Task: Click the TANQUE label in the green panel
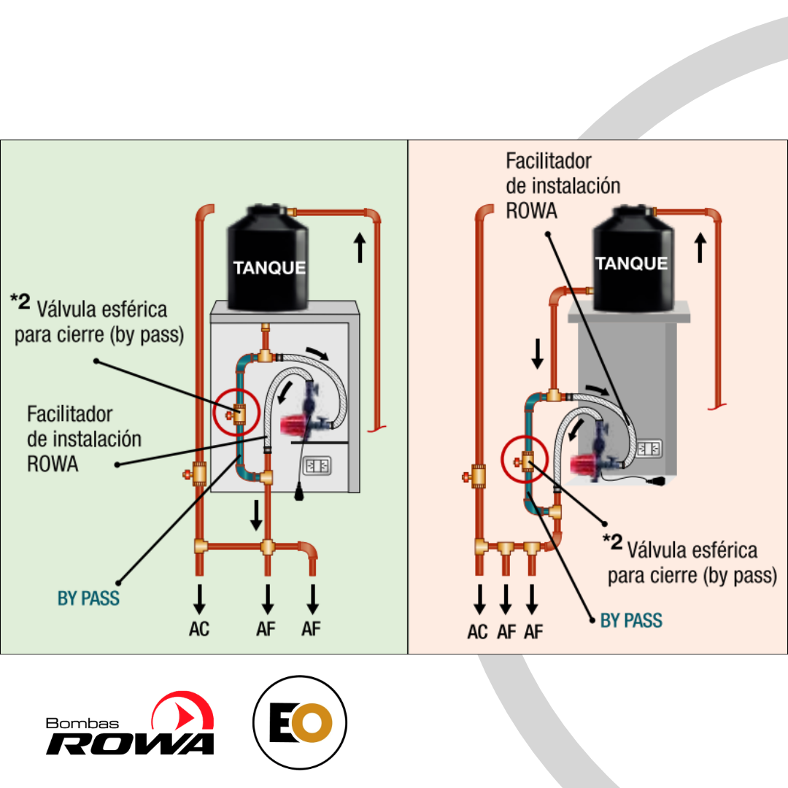[269, 267]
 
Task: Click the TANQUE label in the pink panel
[631, 263]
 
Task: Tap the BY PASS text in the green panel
[88, 598]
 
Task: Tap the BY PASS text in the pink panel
[631, 620]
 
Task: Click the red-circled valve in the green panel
[237, 414]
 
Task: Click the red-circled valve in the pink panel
[525, 461]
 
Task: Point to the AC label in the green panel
[199, 629]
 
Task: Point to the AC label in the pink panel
[477, 632]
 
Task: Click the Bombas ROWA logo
[130, 724]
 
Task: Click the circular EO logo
[300, 722]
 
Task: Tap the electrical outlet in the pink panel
[649, 448]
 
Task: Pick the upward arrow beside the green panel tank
[360, 247]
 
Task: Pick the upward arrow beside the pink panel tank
[700, 247]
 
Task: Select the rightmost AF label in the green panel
[311, 629]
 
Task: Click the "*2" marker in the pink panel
[613, 541]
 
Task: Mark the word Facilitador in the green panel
[69, 414]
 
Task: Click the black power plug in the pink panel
[655, 482]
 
